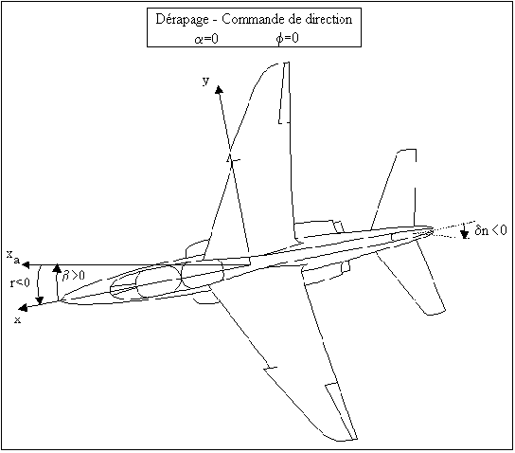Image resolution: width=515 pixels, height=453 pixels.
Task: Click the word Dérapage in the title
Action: pyautogui.click(x=182, y=20)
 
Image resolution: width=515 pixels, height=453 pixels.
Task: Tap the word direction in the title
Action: pyautogui.click(x=329, y=19)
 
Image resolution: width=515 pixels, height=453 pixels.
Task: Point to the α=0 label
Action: pyautogui.click(x=206, y=39)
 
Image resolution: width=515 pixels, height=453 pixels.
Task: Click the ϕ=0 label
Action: pyautogui.click(x=288, y=39)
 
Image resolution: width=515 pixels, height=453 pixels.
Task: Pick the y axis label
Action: pyautogui.click(x=206, y=81)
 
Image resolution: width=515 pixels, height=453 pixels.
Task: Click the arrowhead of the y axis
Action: pyautogui.click(x=219, y=89)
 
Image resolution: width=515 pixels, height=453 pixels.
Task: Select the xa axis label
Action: pyautogui.click(x=13, y=257)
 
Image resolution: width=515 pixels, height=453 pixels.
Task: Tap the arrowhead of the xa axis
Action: pyautogui.click(x=26, y=264)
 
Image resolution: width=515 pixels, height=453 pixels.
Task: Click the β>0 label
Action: pyautogui.click(x=73, y=275)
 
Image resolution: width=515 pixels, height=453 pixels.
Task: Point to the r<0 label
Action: pyautogui.click(x=20, y=282)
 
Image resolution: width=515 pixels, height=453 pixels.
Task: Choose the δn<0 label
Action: pyautogui.click(x=490, y=230)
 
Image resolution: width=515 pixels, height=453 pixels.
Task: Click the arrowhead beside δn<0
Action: pyautogui.click(x=464, y=234)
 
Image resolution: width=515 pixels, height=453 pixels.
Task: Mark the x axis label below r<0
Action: pyautogui.click(x=17, y=319)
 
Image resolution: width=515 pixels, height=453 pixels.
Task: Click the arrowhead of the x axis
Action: pyautogui.click(x=23, y=308)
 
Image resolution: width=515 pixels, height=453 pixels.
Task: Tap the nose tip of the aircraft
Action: pyautogui.click(x=60, y=300)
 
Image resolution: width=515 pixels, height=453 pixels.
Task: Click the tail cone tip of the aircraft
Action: pyautogui.click(x=433, y=230)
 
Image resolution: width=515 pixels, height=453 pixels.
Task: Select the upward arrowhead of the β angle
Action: pyautogui.click(x=57, y=268)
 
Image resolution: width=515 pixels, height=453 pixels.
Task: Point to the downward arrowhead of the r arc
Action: pyautogui.click(x=40, y=300)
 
